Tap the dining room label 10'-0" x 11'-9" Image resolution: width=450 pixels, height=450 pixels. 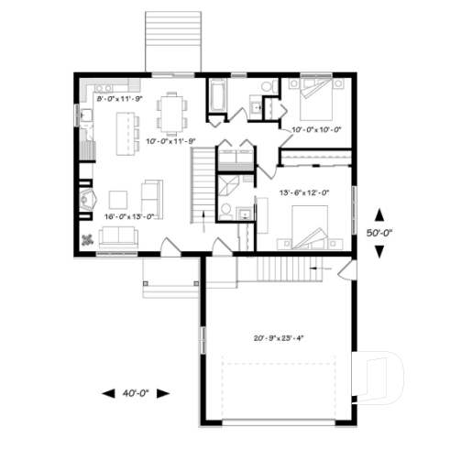[173, 140]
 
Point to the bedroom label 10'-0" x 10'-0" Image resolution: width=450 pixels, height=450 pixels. [315, 130]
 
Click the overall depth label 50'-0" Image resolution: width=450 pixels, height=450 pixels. [381, 233]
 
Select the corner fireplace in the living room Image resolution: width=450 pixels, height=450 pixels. [88, 200]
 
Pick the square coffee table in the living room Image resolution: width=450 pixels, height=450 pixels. [118, 199]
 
